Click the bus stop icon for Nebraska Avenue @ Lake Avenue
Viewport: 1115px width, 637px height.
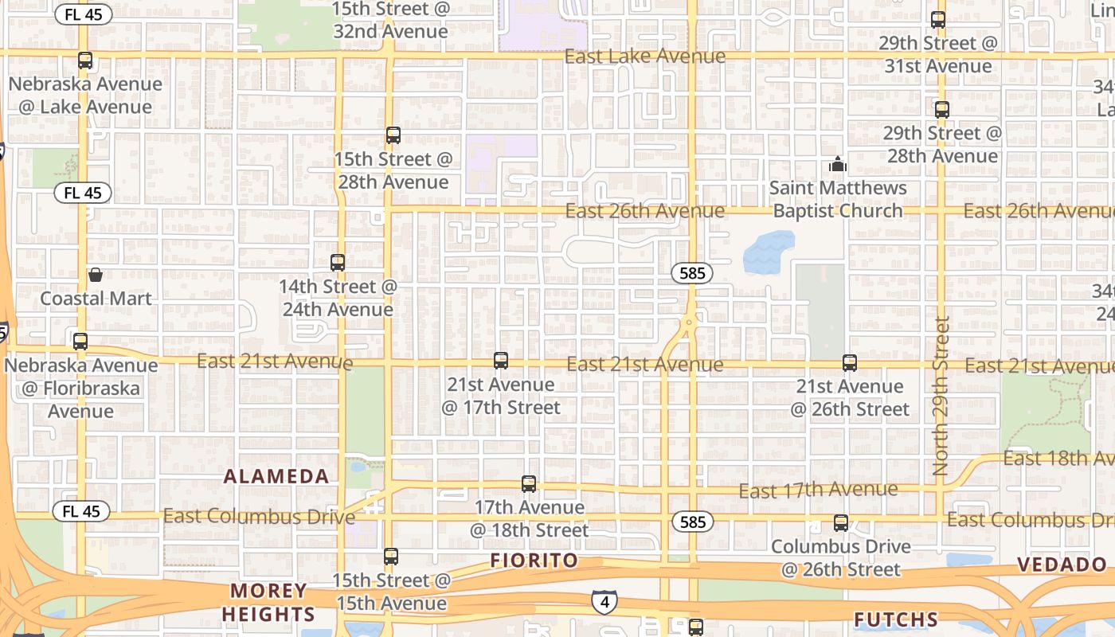[85, 61]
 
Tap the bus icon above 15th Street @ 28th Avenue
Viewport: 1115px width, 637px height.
[393, 135]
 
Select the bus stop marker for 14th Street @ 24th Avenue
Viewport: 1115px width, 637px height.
[338, 263]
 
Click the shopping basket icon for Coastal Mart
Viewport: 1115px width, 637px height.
[96, 276]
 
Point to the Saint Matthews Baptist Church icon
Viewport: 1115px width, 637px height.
[837, 165]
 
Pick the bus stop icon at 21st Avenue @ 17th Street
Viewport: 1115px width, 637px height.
[500, 361]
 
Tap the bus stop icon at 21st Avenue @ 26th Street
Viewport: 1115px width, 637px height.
[850, 363]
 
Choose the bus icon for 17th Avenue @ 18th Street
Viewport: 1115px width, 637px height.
[528, 484]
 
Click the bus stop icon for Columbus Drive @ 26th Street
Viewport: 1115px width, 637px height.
[840, 523]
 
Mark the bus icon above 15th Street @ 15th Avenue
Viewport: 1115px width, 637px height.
[390, 557]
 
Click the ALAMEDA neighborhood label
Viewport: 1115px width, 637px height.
[276, 477]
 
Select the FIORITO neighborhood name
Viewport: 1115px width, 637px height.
[534, 561]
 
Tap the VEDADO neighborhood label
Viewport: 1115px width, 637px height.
[1062, 565]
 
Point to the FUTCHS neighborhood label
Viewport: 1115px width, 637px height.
[895, 619]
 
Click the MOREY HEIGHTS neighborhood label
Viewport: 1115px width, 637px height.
[268, 603]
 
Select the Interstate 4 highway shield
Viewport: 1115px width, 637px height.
[604, 602]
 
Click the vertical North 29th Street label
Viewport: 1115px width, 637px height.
[941, 396]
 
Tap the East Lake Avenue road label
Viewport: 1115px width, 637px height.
[644, 57]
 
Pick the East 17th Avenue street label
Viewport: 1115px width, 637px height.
[818, 490]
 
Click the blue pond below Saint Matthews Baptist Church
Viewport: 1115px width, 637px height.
[768, 252]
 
